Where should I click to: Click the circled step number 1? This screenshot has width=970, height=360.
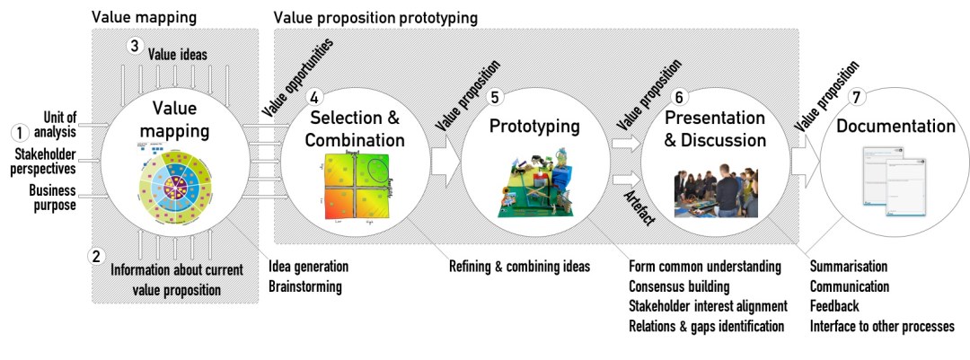tap(19, 132)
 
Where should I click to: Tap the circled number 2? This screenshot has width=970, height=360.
tap(97, 255)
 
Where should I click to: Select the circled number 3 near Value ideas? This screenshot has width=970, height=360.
tap(135, 46)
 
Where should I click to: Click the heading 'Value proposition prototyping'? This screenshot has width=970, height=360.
tap(375, 17)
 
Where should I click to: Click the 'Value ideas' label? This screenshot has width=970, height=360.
tap(179, 54)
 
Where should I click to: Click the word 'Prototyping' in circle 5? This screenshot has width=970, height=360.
tap(533, 127)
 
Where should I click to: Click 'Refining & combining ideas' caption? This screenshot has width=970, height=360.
tap(520, 267)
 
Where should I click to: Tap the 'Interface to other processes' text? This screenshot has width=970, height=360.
tap(882, 326)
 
